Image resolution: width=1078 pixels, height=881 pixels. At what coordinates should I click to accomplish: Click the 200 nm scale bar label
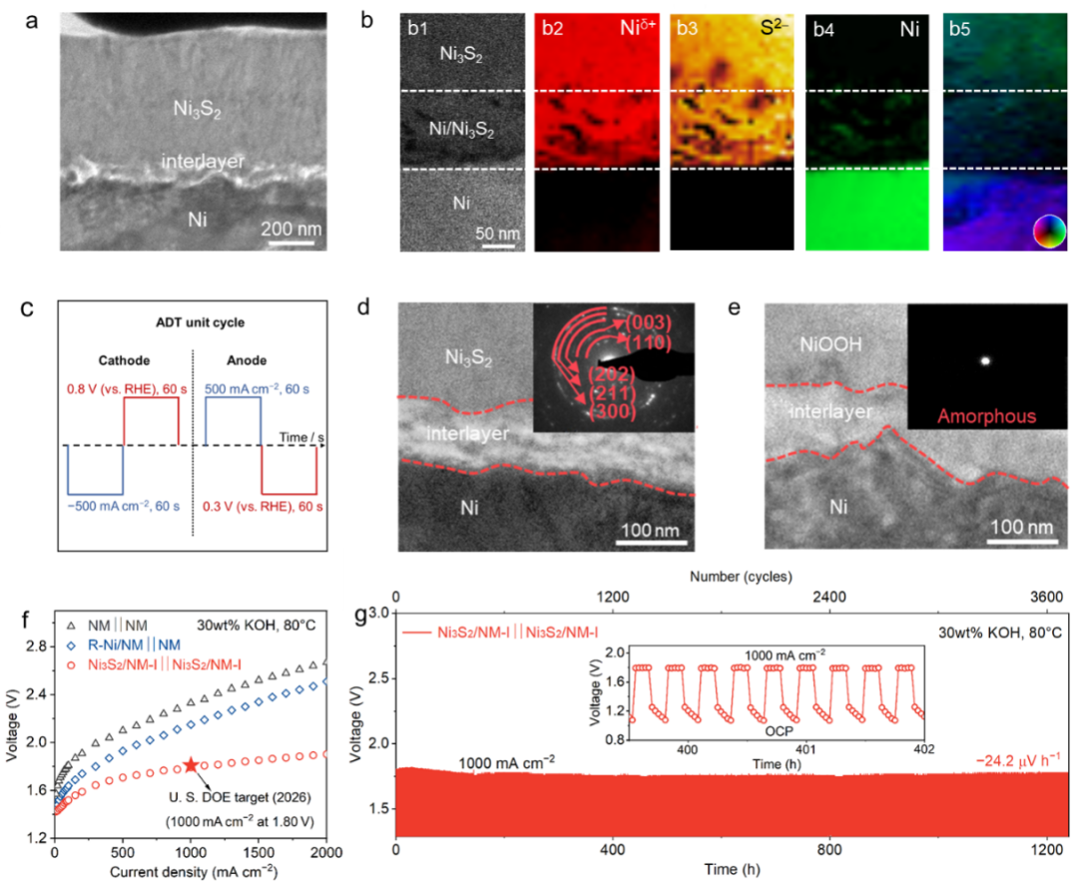coord(291,228)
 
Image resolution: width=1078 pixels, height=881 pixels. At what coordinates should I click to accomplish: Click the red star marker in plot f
coord(190,765)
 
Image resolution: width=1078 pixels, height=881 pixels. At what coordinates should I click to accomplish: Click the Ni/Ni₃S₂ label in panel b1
coord(455,129)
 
